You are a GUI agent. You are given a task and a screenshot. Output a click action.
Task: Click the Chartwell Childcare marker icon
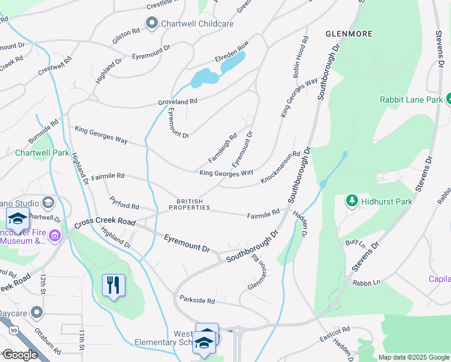[x=151, y=24]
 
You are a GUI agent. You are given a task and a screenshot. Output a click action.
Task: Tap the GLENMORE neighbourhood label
[x=348, y=34]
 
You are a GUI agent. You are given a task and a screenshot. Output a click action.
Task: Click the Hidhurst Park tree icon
[x=352, y=200]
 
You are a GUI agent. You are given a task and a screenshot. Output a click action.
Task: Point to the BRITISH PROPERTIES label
[x=189, y=205]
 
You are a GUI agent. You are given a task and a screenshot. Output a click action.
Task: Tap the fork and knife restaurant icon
[x=113, y=285]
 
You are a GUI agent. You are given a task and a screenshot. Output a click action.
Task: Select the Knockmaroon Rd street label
[x=280, y=168]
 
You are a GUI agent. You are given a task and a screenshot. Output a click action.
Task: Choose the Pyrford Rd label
[x=124, y=202]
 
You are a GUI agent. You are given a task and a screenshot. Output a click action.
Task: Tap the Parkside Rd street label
[x=197, y=300]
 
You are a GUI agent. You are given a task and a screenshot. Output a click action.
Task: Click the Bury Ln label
[x=355, y=243]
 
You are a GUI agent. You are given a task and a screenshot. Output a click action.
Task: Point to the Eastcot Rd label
[x=335, y=331]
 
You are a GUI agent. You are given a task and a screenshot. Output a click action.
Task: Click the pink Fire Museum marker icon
[x=55, y=235]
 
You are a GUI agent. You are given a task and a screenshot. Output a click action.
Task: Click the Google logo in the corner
[x=20, y=355]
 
